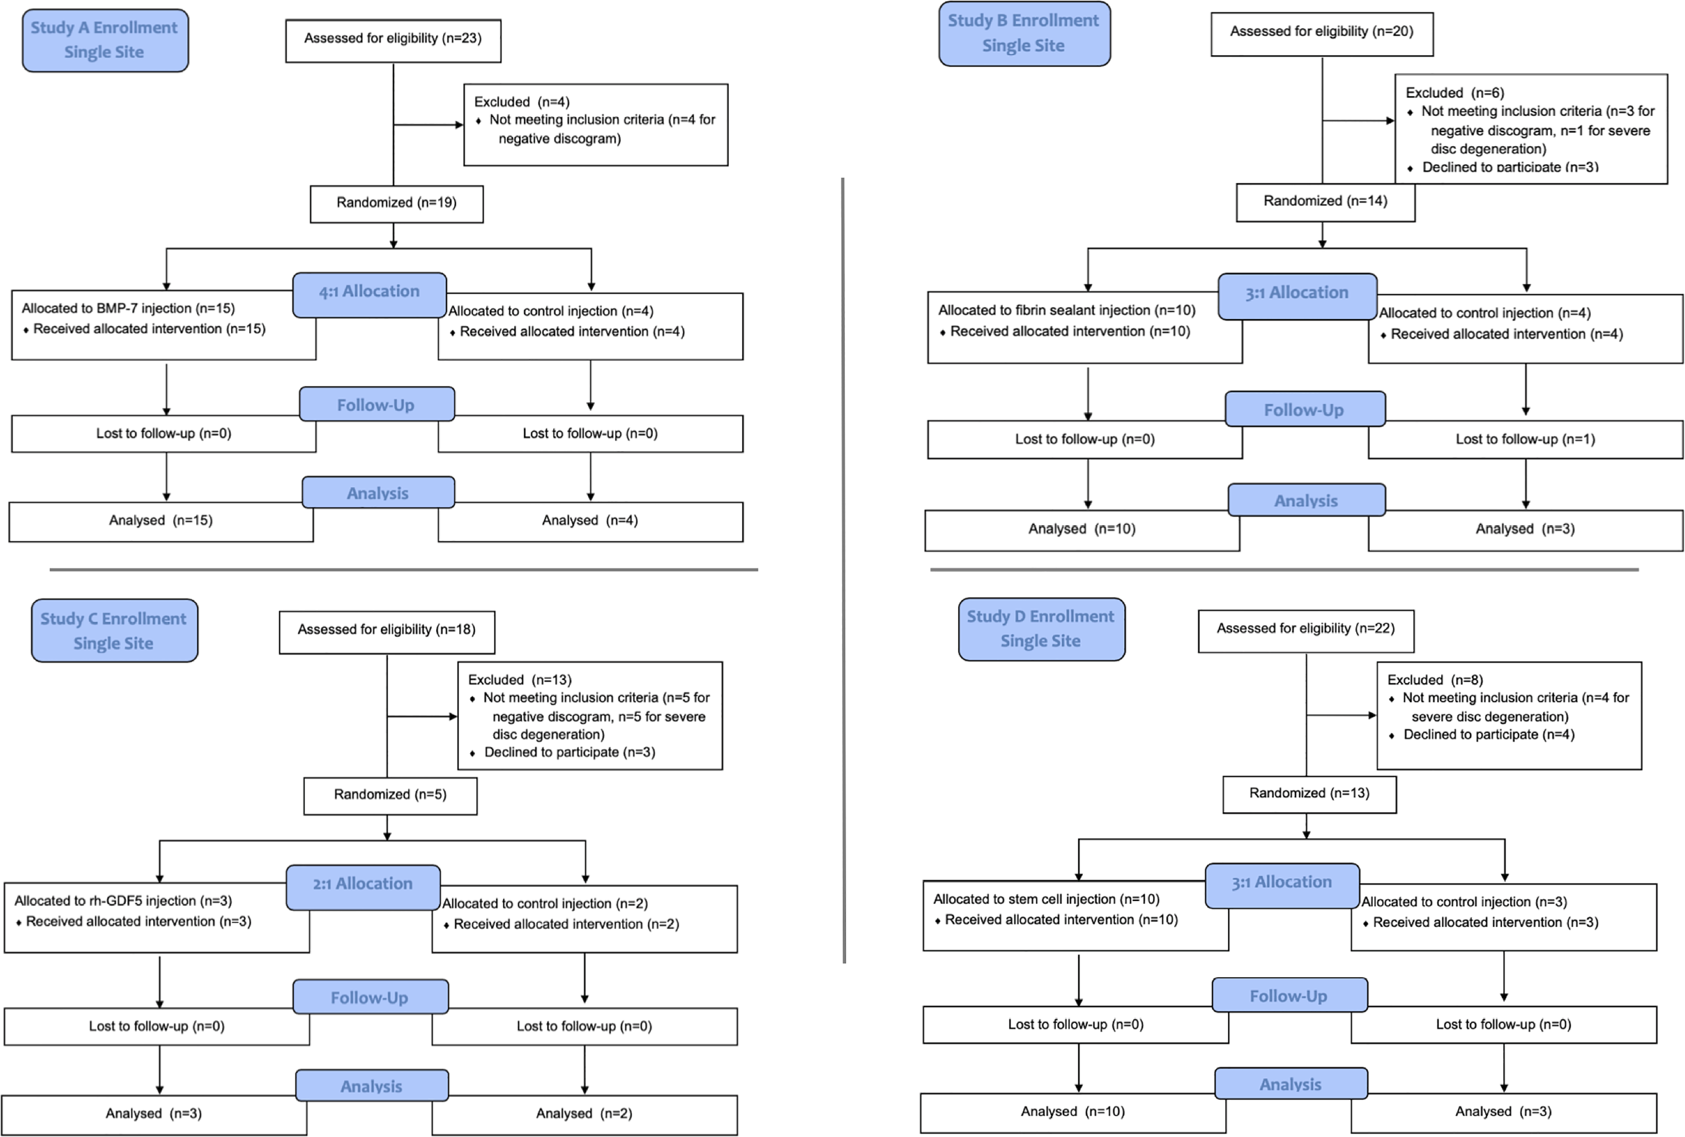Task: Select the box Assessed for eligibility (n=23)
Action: (393, 40)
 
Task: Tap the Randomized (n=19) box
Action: (397, 204)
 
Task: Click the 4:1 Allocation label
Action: (370, 294)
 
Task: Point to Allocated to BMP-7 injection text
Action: (128, 308)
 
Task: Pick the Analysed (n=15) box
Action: (161, 521)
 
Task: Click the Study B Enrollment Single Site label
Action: (1024, 33)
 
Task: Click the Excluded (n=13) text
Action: (520, 680)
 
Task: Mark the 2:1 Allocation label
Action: (363, 887)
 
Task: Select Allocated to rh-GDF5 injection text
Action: (123, 901)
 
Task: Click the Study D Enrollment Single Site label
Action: (1041, 629)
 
